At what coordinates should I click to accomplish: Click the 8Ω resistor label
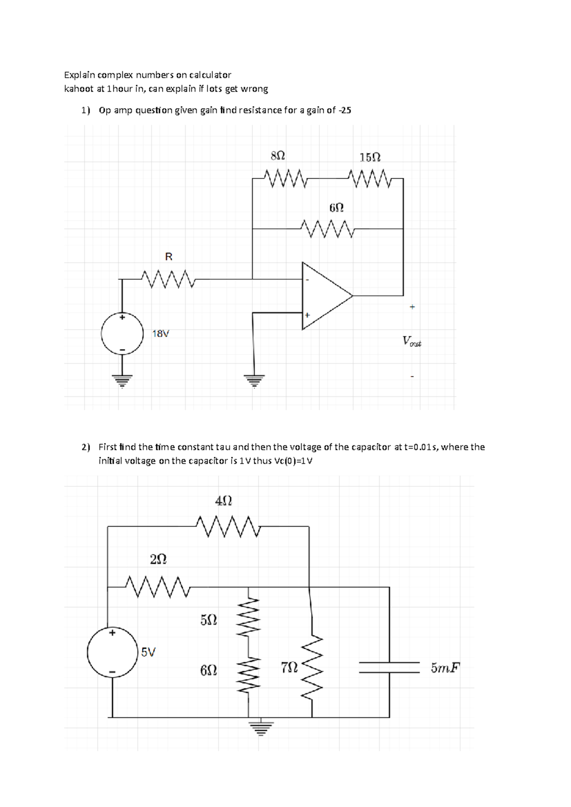pyautogui.click(x=278, y=156)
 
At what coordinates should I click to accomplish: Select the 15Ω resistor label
pyautogui.click(x=370, y=157)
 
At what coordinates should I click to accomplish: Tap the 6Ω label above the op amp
pyautogui.click(x=336, y=207)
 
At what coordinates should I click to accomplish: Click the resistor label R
pyautogui.click(x=168, y=257)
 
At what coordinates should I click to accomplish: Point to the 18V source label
pyautogui.click(x=160, y=334)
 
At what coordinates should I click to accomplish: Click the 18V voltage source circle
pyautogui.click(x=122, y=334)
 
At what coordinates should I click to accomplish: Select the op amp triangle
pyautogui.click(x=324, y=296)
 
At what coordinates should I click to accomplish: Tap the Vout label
pyautogui.click(x=412, y=341)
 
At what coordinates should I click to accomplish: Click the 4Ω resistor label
pyautogui.click(x=224, y=501)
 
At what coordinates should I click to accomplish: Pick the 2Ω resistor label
pyautogui.click(x=158, y=559)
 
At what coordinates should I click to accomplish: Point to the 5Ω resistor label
pyautogui.click(x=209, y=620)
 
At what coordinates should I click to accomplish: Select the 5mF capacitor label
pyautogui.click(x=445, y=668)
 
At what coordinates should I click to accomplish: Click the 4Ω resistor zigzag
pyautogui.click(x=228, y=527)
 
